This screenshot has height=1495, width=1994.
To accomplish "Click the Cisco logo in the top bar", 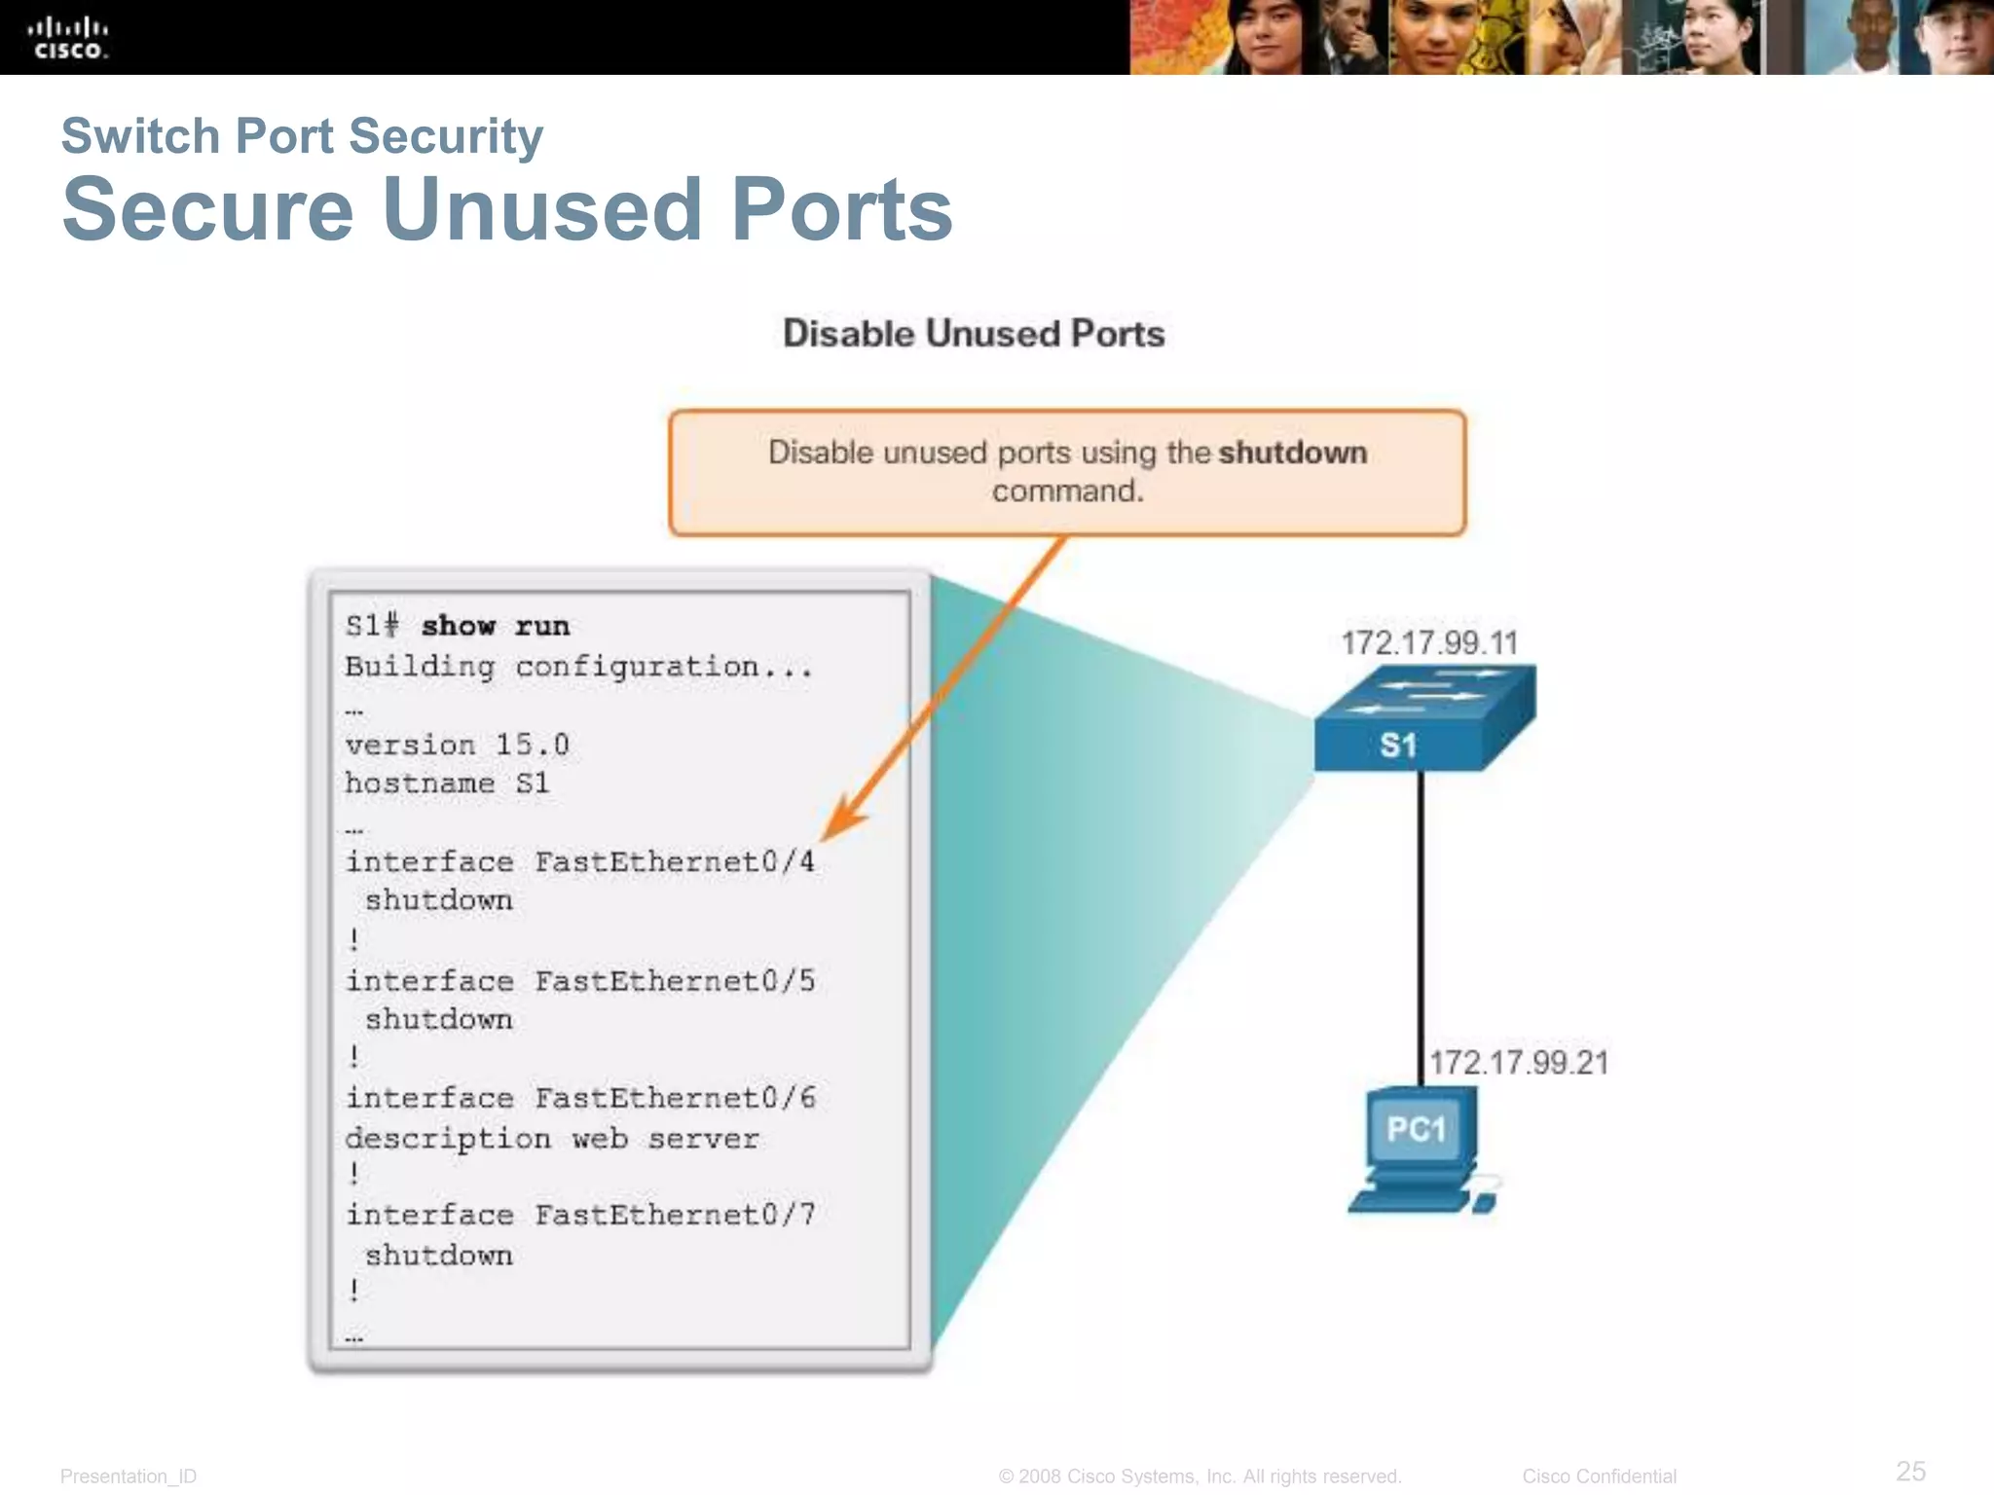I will coord(68,38).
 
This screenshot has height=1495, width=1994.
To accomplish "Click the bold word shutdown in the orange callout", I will coord(1292,453).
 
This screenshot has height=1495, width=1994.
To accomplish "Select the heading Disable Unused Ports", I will coord(974,334).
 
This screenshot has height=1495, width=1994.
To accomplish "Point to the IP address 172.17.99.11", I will coord(1428,642).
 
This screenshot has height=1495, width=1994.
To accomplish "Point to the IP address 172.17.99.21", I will coord(1518,1062).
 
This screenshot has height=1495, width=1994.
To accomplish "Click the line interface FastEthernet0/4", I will coord(580,862).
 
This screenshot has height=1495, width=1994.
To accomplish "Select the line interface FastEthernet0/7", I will coord(580,1215).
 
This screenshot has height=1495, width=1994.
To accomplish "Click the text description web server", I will coord(551,1138).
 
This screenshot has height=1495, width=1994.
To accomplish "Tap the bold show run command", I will coord(495,626).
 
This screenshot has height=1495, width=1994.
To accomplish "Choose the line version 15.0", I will coord(457,745).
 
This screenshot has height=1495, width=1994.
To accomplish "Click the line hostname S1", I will coord(447,784).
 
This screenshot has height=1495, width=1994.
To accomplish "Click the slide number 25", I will coord(1910,1471).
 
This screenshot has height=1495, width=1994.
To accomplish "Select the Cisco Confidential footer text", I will coord(1599,1477).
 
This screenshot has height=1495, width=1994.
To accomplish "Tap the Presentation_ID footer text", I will coord(129,1477).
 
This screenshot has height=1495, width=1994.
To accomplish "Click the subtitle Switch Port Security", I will coord(302,135).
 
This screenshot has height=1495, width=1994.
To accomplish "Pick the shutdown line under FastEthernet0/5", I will coord(438,1019).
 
